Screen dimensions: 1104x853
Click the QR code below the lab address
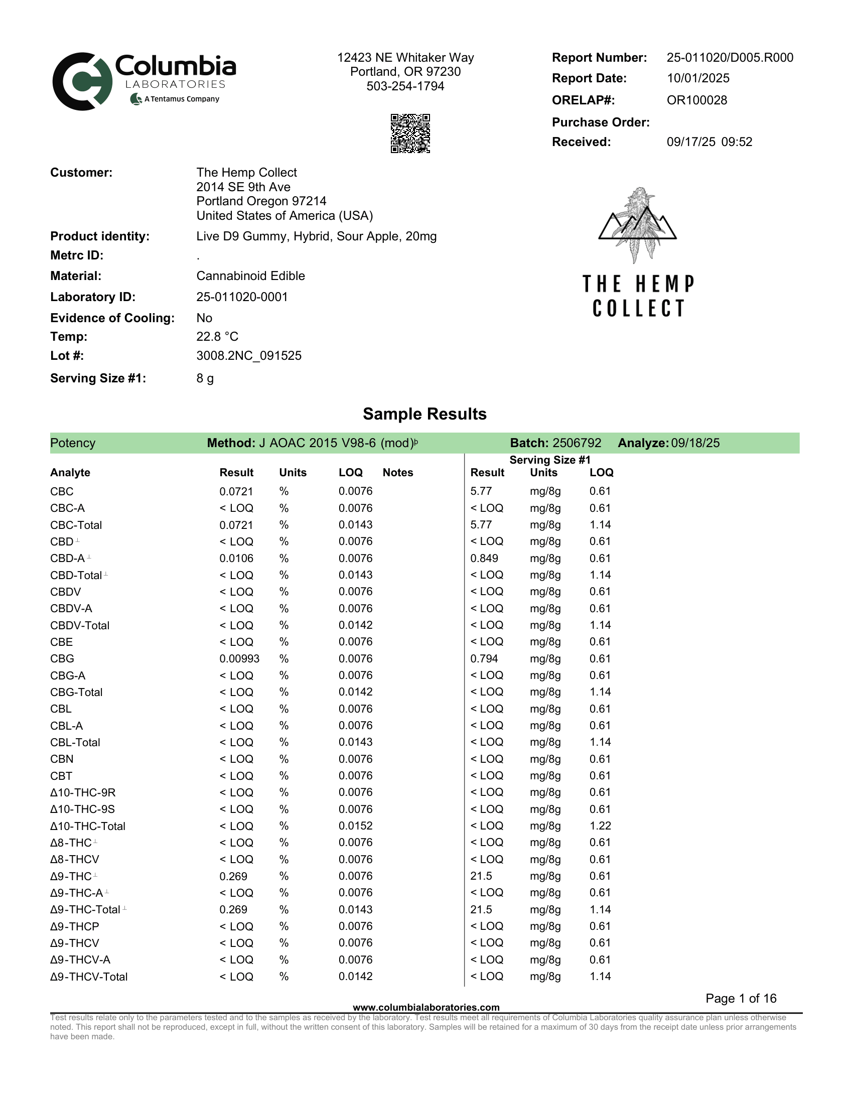[x=410, y=133]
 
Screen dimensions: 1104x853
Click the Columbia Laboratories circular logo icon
[x=82, y=81]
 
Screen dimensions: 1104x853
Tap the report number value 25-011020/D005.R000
[x=730, y=58]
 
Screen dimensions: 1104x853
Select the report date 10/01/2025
[x=698, y=78]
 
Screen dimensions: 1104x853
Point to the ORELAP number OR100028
[x=697, y=100]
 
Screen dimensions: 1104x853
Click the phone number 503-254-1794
[x=405, y=86]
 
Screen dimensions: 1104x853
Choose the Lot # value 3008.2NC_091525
[x=248, y=356]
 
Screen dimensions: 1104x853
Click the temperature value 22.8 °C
[x=217, y=337]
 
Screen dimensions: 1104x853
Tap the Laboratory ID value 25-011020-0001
[x=242, y=297]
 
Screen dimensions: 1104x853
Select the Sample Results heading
[x=424, y=414]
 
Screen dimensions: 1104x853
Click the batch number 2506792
[x=577, y=443]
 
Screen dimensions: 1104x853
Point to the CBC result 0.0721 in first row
[x=236, y=491]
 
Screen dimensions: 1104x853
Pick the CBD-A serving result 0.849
[x=484, y=559]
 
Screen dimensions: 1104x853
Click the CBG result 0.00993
[x=239, y=659]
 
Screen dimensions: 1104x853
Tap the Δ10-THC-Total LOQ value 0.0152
[x=355, y=826]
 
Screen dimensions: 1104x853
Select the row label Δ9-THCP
[x=74, y=926]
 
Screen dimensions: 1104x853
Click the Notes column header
[x=398, y=473]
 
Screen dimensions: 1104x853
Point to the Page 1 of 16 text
[x=741, y=998]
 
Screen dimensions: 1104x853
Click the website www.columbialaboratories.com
[x=426, y=1008]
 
